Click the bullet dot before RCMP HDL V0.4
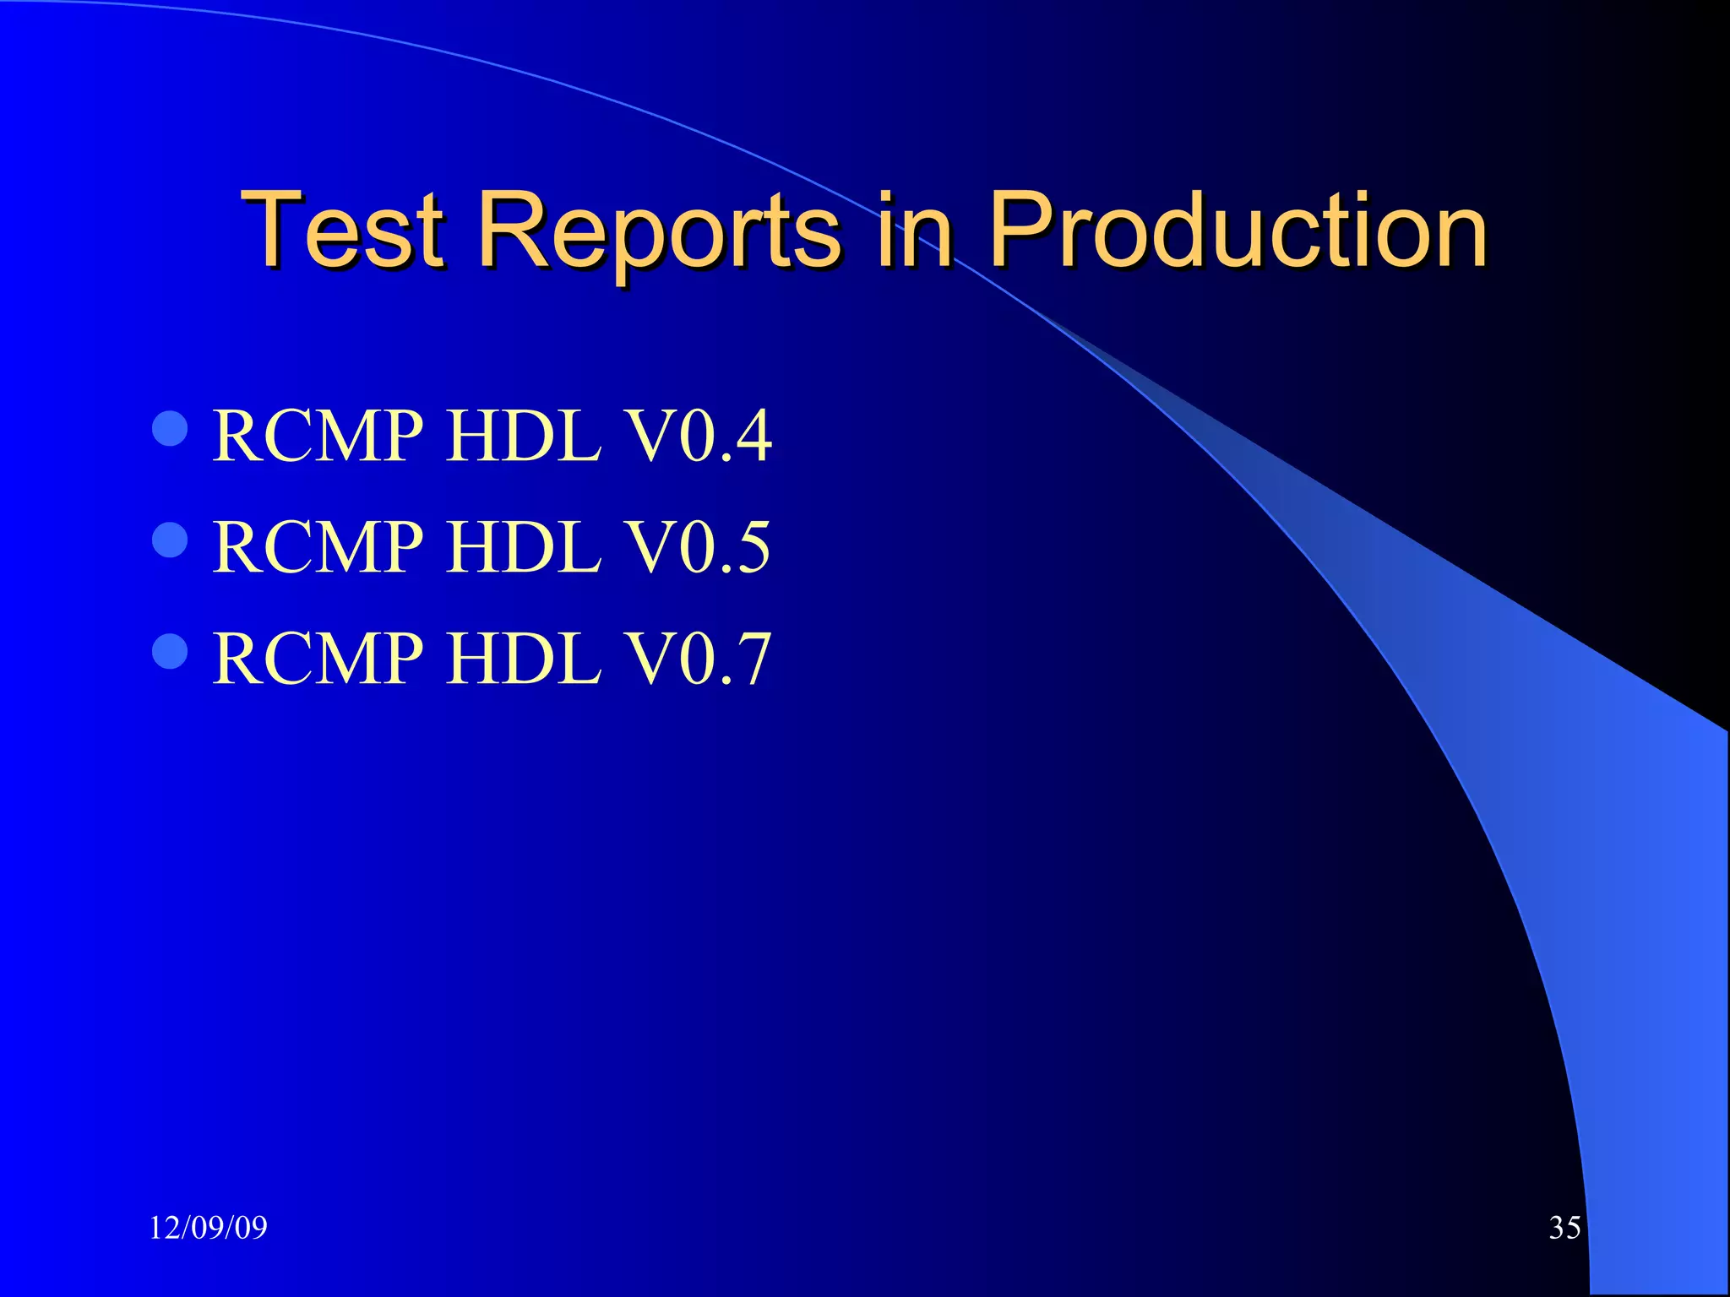[x=170, y=428]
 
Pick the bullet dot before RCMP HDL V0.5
[x=170, y=540]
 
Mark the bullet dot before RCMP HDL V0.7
[x=170, y=651]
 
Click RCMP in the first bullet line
[x=318, y=437]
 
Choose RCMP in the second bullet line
[x=318, y=548]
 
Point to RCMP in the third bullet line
[x=318, y=659]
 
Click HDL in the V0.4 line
[x=523, y=437]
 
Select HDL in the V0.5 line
[x=523, y=548]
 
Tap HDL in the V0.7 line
[x=523, y=659]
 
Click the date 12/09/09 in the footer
[x=208, y=1228]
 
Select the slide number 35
[x=1564, y=1228]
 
